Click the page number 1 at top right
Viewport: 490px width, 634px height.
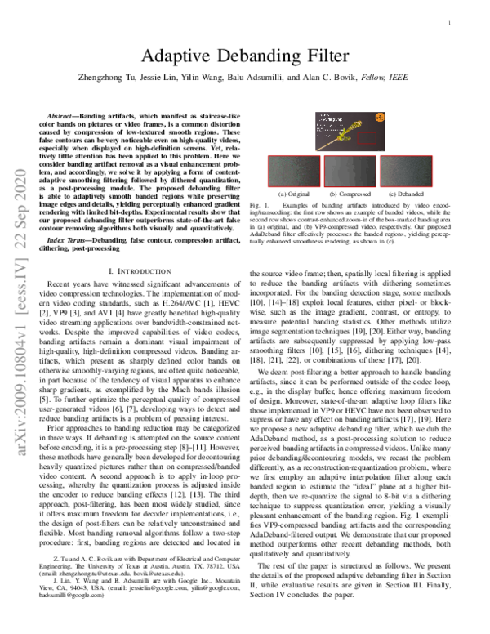tap(450, 25)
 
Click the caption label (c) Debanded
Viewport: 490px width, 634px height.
tap(402, 193)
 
